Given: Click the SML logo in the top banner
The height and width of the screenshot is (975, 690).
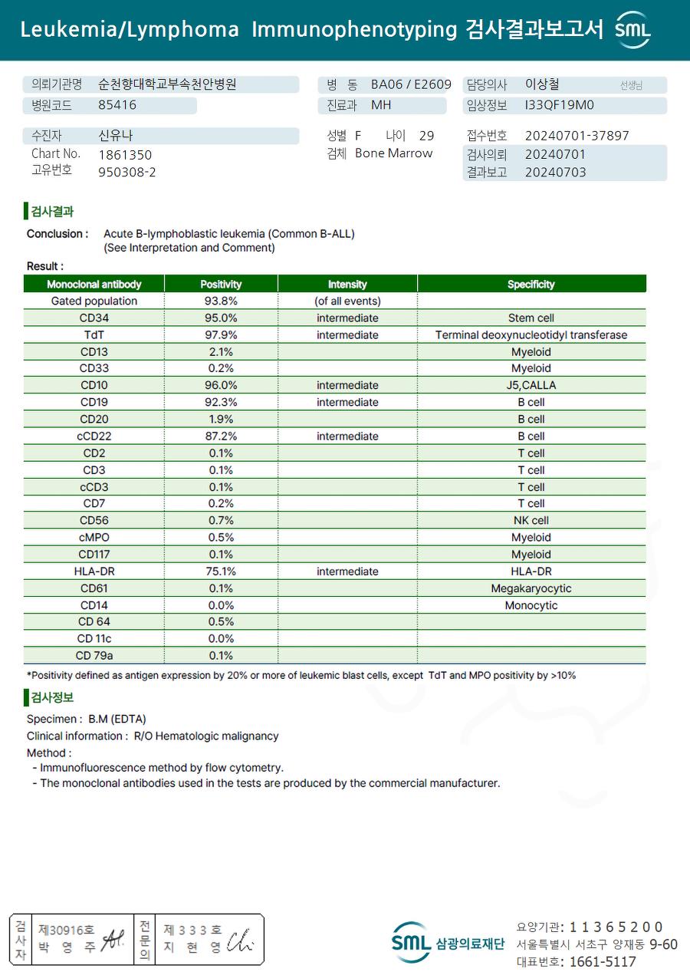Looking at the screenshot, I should point(633,30).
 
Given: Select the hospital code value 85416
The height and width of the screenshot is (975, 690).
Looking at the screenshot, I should point(117,105).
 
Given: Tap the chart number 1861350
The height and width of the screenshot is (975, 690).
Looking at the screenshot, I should point(125,154).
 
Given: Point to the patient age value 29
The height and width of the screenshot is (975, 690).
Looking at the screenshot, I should point(426,136).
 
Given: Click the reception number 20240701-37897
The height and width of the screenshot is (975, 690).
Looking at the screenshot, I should point(577,136).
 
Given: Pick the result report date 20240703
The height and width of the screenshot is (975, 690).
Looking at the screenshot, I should point(555,172).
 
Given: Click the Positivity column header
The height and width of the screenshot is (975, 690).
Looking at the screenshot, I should point(221,284).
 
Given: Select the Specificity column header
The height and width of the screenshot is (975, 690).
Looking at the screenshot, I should point(531,284).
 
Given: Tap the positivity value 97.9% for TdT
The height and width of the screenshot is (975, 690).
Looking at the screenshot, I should point(221,334).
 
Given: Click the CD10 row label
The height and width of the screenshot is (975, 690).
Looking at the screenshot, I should point(94,385).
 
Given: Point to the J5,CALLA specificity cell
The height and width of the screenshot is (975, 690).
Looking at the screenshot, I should point(531,385).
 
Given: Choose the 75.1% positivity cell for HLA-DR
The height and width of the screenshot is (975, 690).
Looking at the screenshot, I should point(221,571).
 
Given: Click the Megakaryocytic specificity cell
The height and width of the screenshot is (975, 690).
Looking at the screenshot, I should point(531,588).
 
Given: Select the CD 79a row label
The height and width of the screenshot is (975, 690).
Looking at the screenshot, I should point(94,656).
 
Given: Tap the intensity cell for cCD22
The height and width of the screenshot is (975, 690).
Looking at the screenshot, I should point(347,436).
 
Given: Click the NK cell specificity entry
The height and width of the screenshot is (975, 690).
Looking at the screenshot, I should point(531,521).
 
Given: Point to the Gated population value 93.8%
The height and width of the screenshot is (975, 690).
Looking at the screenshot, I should point(221,301).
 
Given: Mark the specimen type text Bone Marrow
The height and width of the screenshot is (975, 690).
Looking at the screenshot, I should point(393,153).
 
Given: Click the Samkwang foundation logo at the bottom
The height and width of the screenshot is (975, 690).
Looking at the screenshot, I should point(448,943).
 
